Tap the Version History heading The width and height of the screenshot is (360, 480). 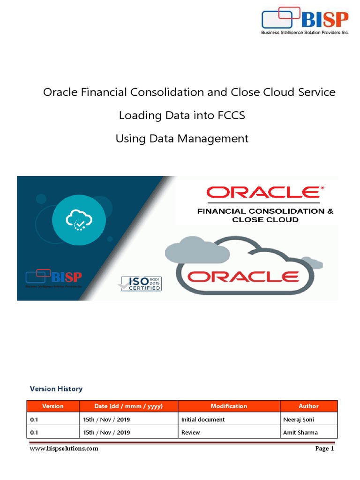pos(56,389)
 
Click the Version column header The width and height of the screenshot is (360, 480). pos(53,406)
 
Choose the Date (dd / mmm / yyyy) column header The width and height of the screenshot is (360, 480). pos(129,406)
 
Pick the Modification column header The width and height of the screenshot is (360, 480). pos(229,406)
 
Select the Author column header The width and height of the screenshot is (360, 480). pos(308,406)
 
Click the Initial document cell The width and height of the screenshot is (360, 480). pos(203,420)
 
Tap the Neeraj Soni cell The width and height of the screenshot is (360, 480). pos(299,420)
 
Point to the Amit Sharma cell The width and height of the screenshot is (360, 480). pos(300,432)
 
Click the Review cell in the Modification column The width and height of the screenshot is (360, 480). pos(190,432)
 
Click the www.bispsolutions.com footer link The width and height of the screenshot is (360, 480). pos(64,449)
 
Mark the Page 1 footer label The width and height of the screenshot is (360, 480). pos(324,449)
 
